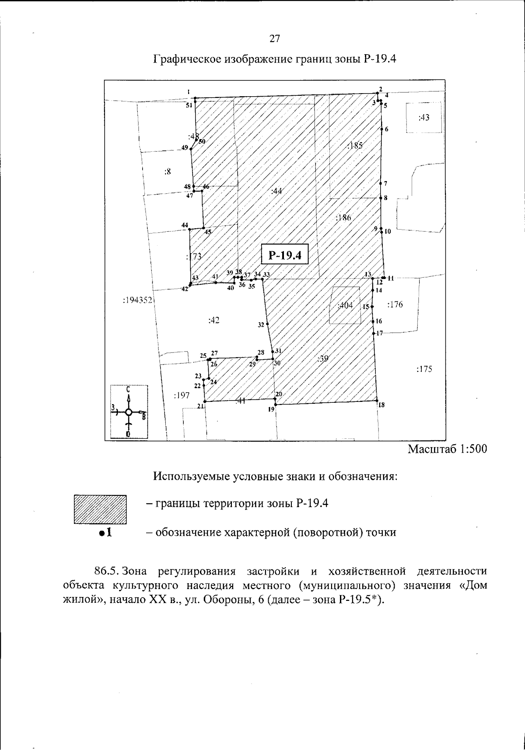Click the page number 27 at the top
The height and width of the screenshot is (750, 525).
(274, 38)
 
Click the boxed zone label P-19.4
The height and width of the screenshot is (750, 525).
(285, 255)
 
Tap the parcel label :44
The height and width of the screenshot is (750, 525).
(276, 191)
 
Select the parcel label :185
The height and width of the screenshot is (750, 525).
(354, 146)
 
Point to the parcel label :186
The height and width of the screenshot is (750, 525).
(343, 217)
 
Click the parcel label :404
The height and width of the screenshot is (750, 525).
(345, 305)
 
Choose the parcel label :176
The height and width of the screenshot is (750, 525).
(395, 304)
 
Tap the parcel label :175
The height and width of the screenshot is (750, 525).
(424, 369)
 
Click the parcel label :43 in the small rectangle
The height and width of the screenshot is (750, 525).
(423, 117)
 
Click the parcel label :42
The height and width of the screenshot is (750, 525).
(213, 320)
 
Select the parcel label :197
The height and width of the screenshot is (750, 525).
(182, 395)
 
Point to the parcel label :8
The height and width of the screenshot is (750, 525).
(167, 171)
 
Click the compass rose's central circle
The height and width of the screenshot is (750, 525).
(129, 412)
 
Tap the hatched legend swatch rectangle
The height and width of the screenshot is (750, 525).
(100, 509)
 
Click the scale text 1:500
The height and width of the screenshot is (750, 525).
(472, 450)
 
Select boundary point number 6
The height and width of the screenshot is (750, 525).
(381, 129)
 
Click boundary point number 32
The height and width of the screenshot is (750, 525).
(267, 324)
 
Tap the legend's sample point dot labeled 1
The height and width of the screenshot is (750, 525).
(101, 533)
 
